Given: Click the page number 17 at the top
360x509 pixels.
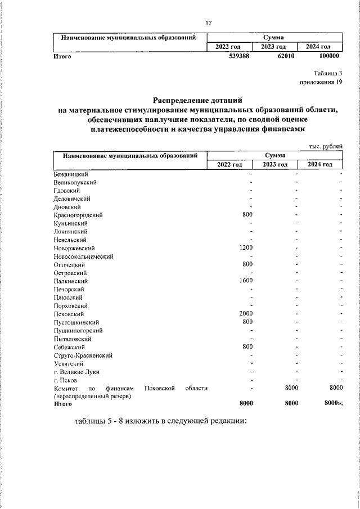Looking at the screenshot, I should point(208,23).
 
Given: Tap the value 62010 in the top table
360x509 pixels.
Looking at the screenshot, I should point(287,56).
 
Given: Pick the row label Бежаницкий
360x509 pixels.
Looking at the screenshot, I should point(70,174).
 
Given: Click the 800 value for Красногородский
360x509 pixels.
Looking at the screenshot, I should point(247,215).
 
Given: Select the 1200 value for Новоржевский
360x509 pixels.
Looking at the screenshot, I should point(246,248).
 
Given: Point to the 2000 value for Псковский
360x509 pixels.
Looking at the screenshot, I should point(246,314).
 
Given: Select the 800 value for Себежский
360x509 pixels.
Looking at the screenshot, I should point(247,347).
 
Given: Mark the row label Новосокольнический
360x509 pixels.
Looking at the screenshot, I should point(84,256).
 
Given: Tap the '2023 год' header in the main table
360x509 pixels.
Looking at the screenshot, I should point(274,164).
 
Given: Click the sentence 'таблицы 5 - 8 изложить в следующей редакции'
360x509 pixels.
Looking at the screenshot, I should point(160,422).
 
